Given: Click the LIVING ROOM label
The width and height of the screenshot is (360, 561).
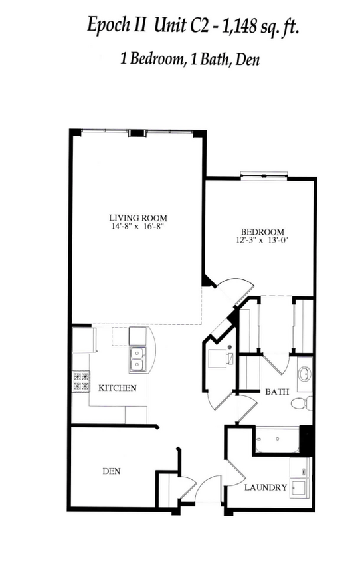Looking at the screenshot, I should click(137, 217).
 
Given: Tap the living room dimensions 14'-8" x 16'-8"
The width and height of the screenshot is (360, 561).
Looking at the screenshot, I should click(137, 226).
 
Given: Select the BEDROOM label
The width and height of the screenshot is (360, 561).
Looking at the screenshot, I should click(263, 231).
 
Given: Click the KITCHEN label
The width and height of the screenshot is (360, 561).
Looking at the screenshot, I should click(118, 388).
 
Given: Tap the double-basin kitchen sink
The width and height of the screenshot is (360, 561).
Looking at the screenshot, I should click(137, 358).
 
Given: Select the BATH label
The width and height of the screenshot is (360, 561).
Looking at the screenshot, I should click(277, 392).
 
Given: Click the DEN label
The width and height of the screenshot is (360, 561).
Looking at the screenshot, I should click(111, 471).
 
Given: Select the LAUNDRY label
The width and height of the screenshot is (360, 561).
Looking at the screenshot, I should click(266, 487).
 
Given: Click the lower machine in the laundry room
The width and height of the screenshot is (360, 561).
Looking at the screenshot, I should click(300, 489).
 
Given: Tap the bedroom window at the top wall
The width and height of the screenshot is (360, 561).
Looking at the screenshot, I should click(264, 176).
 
